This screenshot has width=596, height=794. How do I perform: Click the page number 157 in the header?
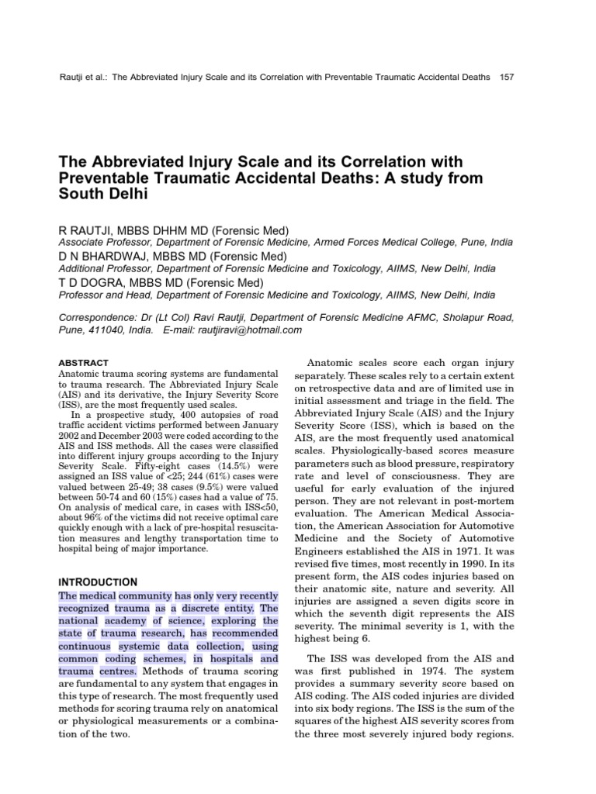(508, 78)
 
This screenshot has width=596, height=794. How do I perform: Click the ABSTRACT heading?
(84, 362)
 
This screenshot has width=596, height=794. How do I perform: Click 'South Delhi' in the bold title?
(103, 195)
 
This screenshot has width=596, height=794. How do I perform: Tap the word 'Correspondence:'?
(98, 316)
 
